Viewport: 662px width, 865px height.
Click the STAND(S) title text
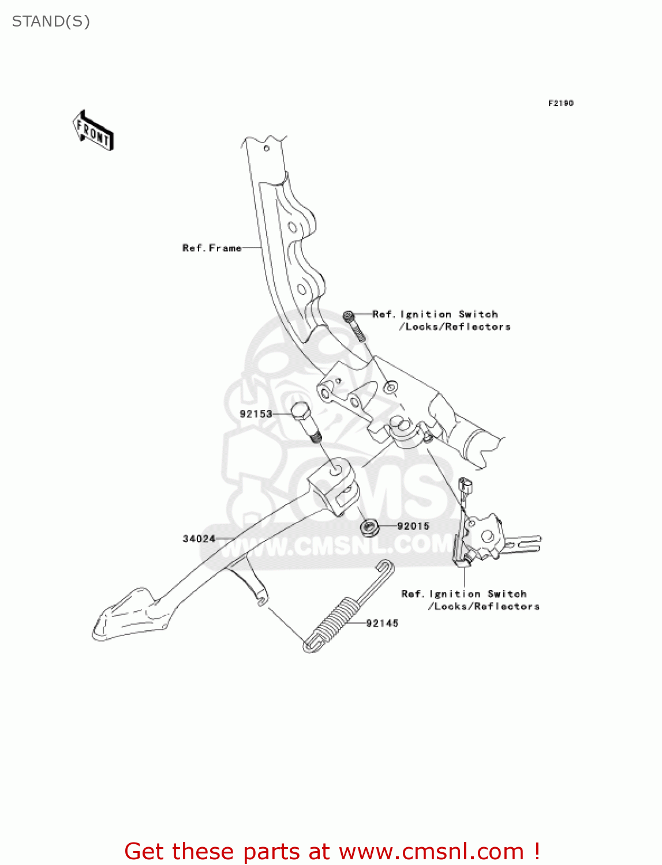(x=51, y=22)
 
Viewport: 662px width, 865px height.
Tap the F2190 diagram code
(x=560, y=103)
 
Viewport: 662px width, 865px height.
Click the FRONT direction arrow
(x=93, y=131)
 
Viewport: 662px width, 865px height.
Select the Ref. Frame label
(x=212, y=248)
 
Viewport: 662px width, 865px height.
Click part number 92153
(x=256, y=414)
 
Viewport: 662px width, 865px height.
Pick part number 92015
(x=413, y=526)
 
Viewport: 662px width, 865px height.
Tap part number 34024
(x=199, y=539)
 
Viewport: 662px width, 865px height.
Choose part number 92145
(x=382, y=623)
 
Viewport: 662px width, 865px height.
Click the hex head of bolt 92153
(x=301, y=412)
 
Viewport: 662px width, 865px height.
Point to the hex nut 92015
(x=369, y=526)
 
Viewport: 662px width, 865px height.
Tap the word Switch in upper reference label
(x=478, y=314)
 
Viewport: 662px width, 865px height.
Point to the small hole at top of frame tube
(x=267, y=148)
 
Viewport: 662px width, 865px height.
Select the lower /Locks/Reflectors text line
(x=484, y=607)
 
